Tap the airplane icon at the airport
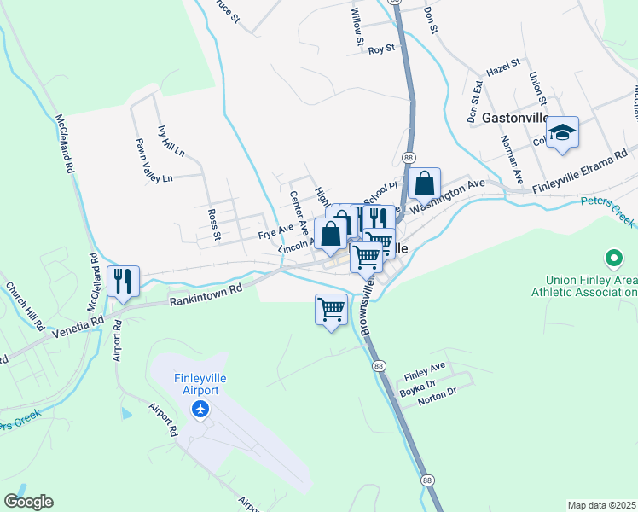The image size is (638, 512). (x=200, y=410)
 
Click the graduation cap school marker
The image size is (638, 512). (x=562, y=132)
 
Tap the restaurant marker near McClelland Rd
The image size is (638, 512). (x=123, y=281)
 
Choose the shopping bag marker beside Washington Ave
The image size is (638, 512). (x=424, y=183)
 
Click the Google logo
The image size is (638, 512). (x=28, y=502)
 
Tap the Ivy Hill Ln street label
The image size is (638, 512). (x=171, y=141)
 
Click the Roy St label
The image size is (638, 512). (x=381, y=49)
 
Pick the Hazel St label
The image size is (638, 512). (x=502, y=67)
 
